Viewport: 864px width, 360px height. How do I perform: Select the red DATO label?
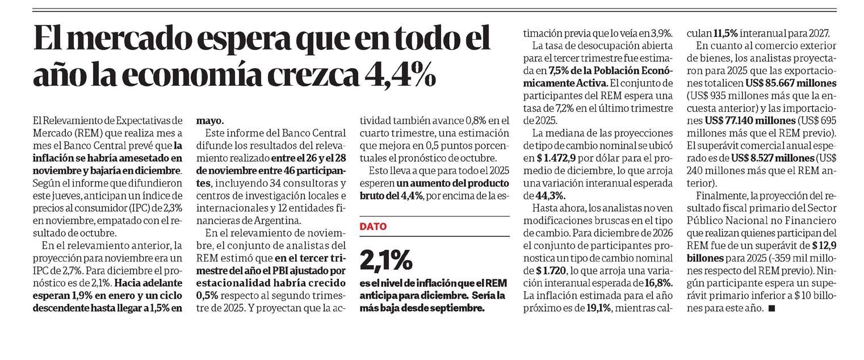373,227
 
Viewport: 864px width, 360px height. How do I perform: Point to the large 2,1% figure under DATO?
385,260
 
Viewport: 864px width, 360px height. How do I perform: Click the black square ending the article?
771,308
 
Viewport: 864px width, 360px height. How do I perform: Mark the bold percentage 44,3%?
536,195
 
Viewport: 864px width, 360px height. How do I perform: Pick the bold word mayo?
210,121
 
